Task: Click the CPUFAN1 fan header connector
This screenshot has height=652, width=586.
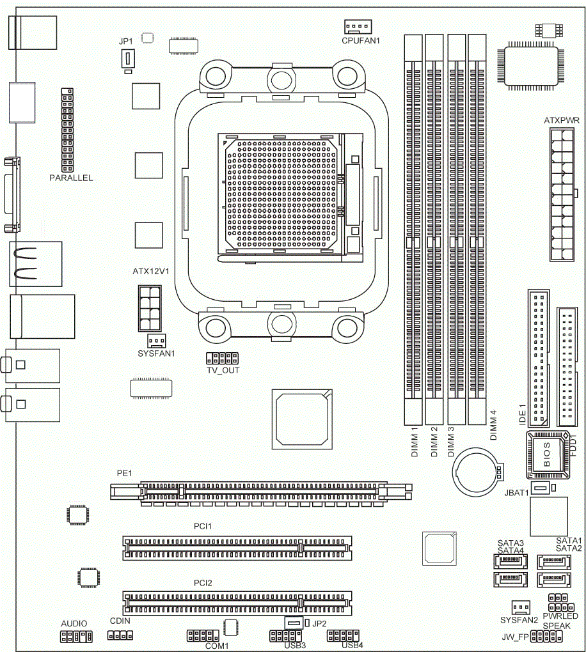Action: (358, 27)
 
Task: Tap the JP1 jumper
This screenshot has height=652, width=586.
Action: (128, 59)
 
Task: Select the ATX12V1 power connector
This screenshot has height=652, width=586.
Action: (150, 308)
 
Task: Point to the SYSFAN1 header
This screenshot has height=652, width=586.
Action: (157, 341)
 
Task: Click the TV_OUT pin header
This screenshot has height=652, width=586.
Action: (222, 358)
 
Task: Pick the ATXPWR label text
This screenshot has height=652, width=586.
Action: (562, 121)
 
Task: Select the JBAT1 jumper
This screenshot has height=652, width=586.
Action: (540, 487)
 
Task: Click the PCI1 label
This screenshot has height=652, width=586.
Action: (203, 527)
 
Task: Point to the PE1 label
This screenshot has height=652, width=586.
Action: (125, 473)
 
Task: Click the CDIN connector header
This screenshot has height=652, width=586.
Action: (120, 635)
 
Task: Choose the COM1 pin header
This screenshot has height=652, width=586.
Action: (203, 636)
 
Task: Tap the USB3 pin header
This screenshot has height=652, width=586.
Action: (285, 636)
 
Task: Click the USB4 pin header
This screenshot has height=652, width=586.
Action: (343, 636)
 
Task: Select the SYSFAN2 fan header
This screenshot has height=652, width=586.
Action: (521, 607)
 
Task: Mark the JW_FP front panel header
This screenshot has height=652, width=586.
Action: (546, 636)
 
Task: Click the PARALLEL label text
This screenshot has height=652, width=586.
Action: (71, 178)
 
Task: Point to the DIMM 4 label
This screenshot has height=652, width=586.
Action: (494, 425)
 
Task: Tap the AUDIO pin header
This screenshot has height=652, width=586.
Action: (76, 636)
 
